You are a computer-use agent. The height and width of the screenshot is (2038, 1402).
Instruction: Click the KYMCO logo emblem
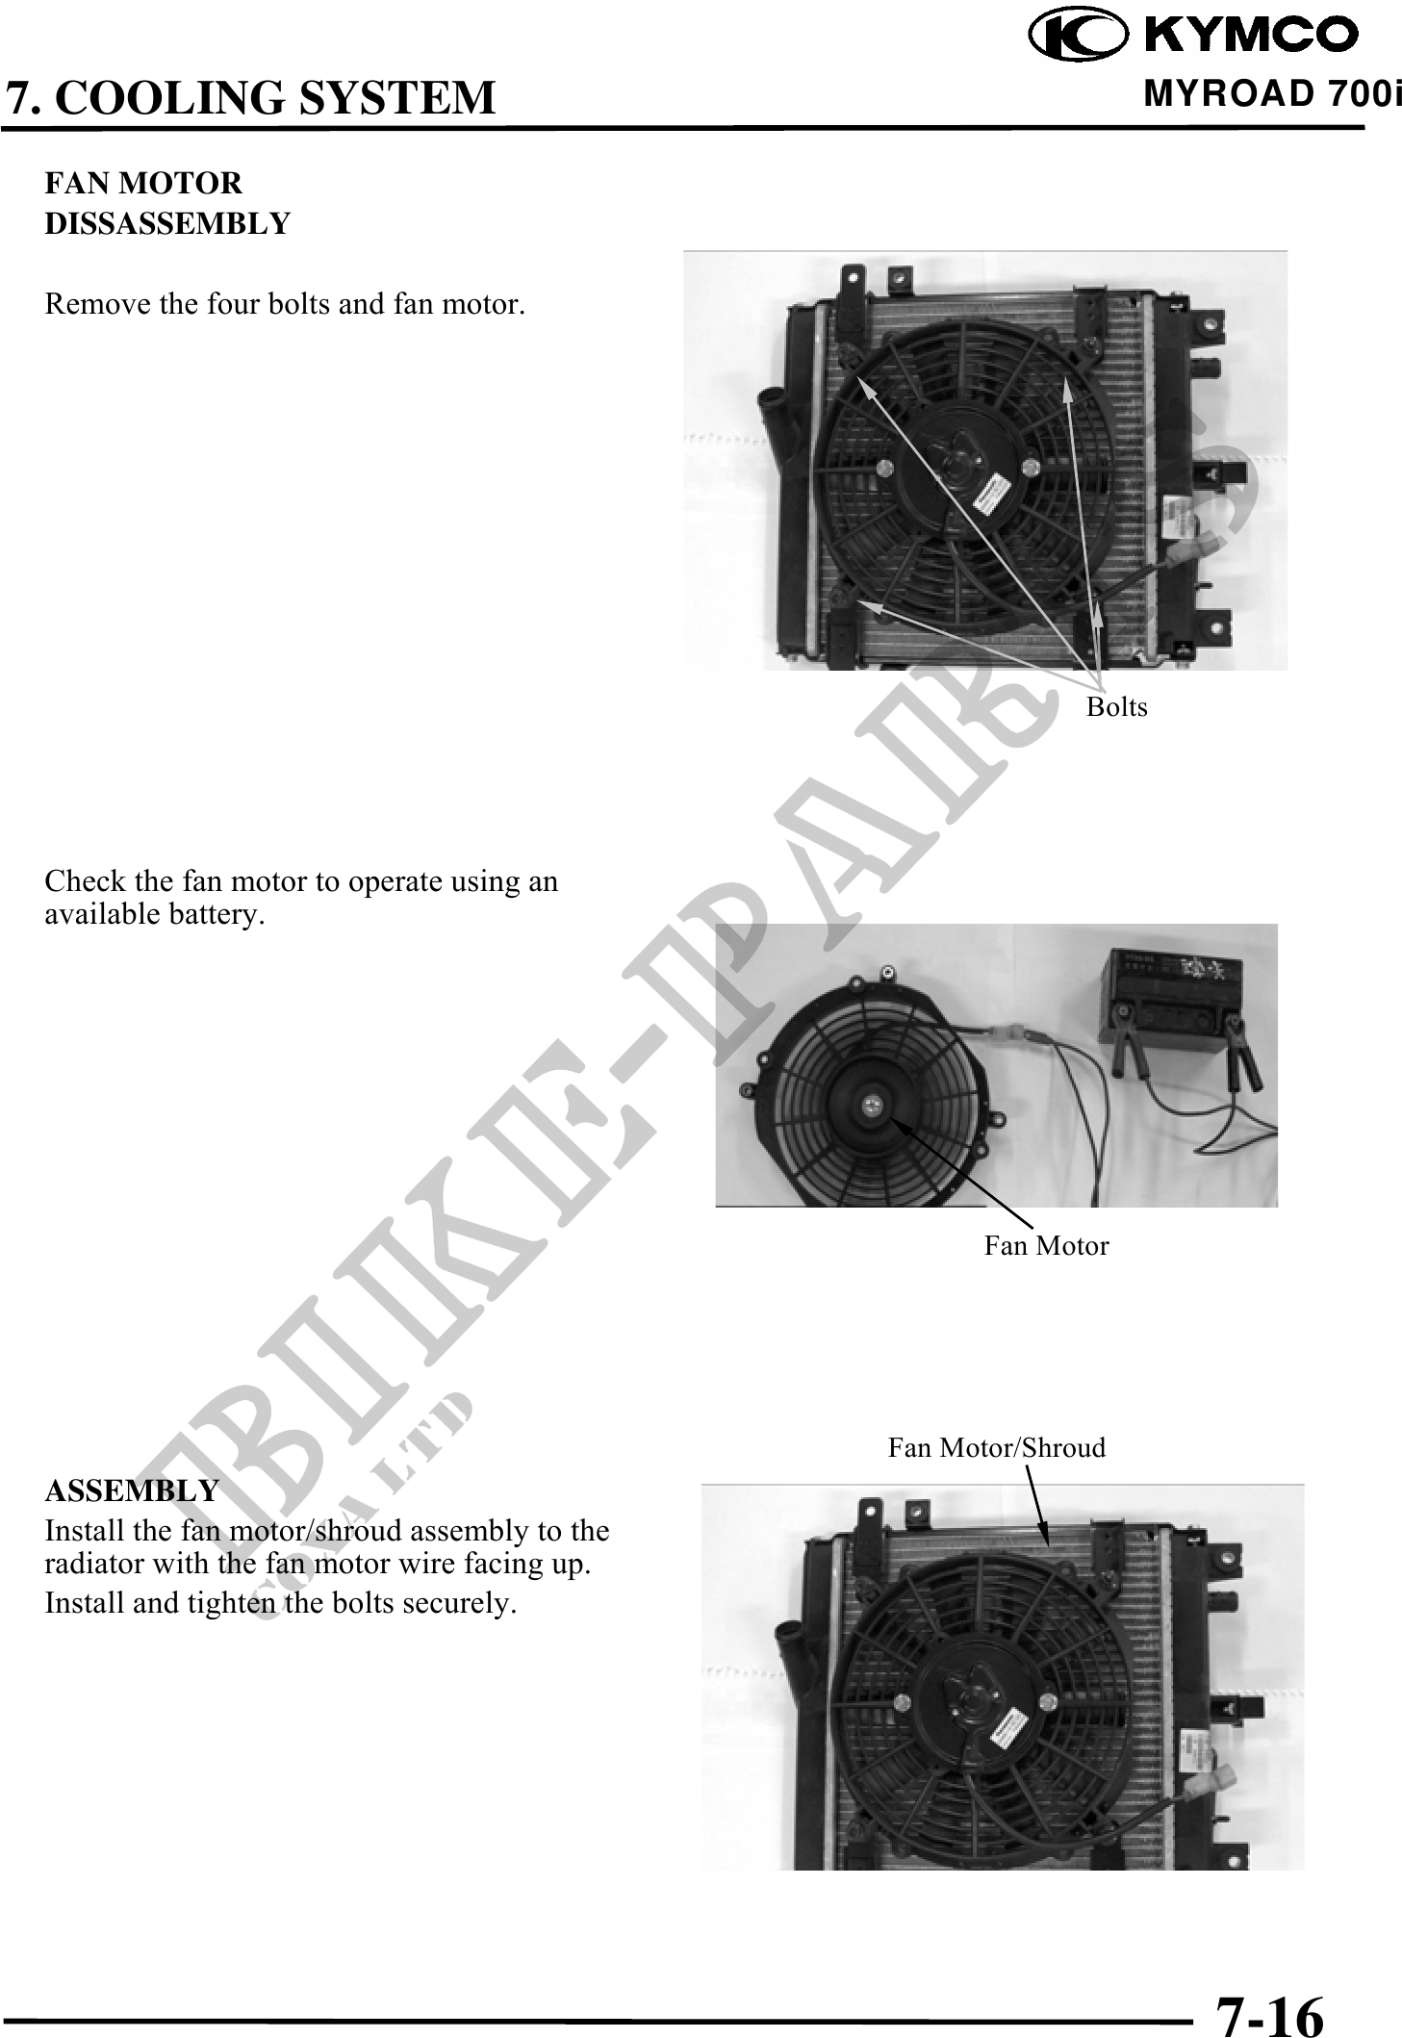click(x=1075, y=36)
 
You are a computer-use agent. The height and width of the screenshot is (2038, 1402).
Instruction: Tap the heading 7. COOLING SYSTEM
click(x=250, y=97)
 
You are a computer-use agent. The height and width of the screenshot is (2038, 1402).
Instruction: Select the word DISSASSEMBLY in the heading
click(x=167, y=223)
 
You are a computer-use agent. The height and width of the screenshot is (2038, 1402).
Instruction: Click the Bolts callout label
click(x=1116, y=707)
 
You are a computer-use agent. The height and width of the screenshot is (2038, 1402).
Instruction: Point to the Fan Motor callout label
click(x=1046, y=1246)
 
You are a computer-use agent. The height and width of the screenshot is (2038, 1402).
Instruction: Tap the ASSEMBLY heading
click(x=132, y=1490)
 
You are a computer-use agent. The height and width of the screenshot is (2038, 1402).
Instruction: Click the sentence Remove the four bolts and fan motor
click(x=285, y=305)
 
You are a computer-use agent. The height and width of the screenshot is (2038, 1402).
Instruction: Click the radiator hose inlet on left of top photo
click(x=776, y=404)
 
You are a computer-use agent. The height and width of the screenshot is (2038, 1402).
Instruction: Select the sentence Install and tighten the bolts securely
click(x=280, y=1604)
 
